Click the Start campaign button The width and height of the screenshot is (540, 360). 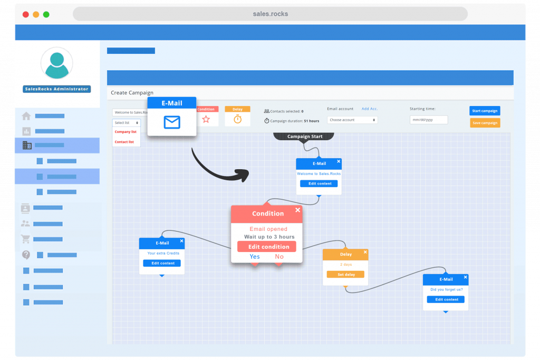tap(485, 111)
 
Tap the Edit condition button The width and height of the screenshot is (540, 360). tap(267, 247)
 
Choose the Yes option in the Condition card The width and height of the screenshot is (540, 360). tap(255, 257)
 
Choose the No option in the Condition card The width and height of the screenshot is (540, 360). tap(279, 257)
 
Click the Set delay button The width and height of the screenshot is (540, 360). tap(345, 275)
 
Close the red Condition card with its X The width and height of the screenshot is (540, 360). tap(297, 210)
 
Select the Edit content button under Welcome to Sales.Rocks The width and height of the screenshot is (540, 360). tap(319, 183)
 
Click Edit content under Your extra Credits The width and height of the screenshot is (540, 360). tap(162, 263)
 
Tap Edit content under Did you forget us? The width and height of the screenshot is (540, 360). tap(446, 299)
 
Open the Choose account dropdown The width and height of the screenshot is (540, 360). tap(352, 120)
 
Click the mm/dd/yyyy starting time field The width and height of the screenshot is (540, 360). tap(429, 120)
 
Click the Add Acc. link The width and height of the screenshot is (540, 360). tap(370, 109)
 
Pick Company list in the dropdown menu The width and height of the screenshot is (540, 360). tap(126, 132)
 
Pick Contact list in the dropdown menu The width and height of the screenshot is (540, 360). tap(124, 142)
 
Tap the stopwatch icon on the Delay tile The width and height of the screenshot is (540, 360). tap(238, 119)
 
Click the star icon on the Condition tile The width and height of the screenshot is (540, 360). tap(206, 119)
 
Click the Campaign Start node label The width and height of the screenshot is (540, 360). tap(305, 137)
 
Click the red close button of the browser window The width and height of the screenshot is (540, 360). tap(25, 14)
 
